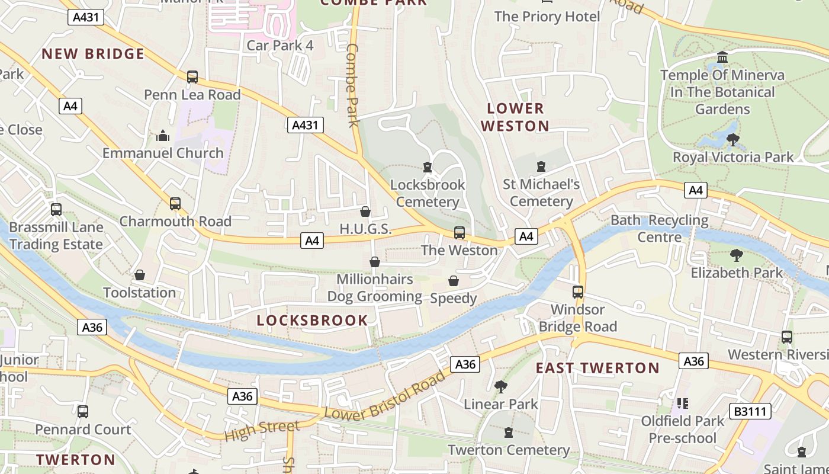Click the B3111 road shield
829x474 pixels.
(x=750, y=411)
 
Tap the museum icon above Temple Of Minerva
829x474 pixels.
(x=722, y=57)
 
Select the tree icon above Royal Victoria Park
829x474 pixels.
(x=733, y=140)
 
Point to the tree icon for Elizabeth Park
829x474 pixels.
(x=737, y=255)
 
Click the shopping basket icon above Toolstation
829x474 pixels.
(x=140, y=275)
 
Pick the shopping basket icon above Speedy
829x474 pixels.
(x=454, y=281)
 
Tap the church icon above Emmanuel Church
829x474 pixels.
(x=163, y=136)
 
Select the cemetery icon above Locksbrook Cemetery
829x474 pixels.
(x=428, y=168)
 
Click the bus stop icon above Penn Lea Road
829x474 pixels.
(x=192, y=77)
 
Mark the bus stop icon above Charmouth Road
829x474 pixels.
(x=175, y=204)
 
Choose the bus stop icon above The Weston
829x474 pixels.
(x=460, y=233)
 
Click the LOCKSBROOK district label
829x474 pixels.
(x=312, y=321)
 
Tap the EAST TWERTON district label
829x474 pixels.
(x=597, y=368)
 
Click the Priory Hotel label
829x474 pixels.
(x=547, y=17)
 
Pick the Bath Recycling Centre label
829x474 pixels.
(x=660, y=229)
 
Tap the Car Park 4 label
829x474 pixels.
(x=280, y=46)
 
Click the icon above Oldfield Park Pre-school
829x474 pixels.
(x=682, y=403)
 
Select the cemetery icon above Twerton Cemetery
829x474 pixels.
(x=509, y=433)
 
